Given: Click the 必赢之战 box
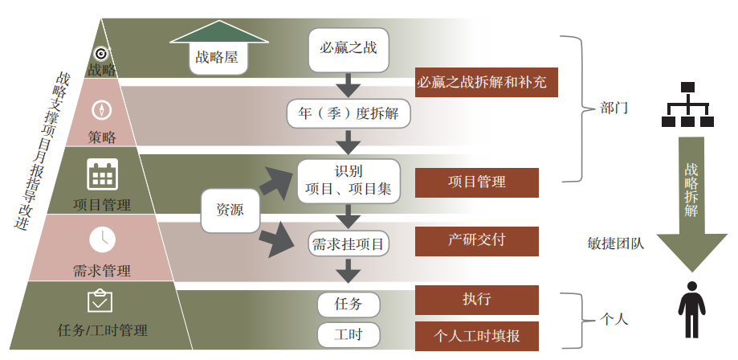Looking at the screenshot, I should tap(349, 47).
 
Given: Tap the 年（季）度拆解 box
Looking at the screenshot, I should tap(349, 113).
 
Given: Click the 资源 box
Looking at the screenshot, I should tap(230, 209).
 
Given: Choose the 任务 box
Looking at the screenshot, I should tap(348, 304).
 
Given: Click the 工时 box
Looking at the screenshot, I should tap(348, 333).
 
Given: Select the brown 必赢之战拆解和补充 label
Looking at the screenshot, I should tap(487, 82).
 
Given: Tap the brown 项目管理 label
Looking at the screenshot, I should tap(476, 182).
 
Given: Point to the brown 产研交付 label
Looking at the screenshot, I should tap(476, 239).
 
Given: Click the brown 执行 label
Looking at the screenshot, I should tap(476, 300).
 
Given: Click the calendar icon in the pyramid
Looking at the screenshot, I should tap(102, 174).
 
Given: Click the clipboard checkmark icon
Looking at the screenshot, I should tap(100, 301).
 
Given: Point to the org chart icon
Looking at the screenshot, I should tap(687, 105).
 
